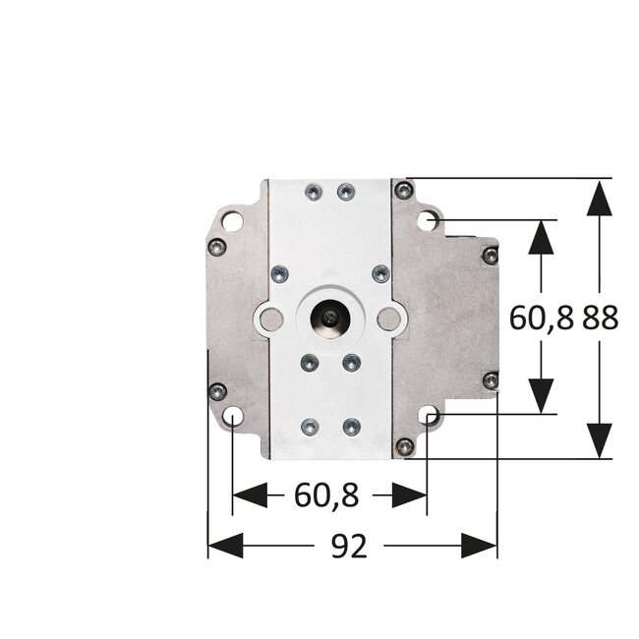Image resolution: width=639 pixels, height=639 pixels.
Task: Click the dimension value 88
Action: click(599, 319)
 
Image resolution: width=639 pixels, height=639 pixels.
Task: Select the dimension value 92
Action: click(348, 546)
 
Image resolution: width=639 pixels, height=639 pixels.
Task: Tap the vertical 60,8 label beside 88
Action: click(541, 319)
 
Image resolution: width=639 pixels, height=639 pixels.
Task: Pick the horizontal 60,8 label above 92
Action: click(324, 496)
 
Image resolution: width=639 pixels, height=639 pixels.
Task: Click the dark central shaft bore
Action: click(326, 318)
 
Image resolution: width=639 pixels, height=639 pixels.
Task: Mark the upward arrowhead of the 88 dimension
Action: click(599, 197)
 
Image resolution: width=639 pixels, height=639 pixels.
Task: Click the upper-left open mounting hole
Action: click(231, 221)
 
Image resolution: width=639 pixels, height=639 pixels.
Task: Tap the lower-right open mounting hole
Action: click(429, 418)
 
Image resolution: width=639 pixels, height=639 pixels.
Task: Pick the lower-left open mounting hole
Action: click(231, 418)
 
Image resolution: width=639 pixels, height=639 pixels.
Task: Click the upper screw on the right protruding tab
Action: click(489, 256)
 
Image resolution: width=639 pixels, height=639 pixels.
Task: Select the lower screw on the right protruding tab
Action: click(489, 379)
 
